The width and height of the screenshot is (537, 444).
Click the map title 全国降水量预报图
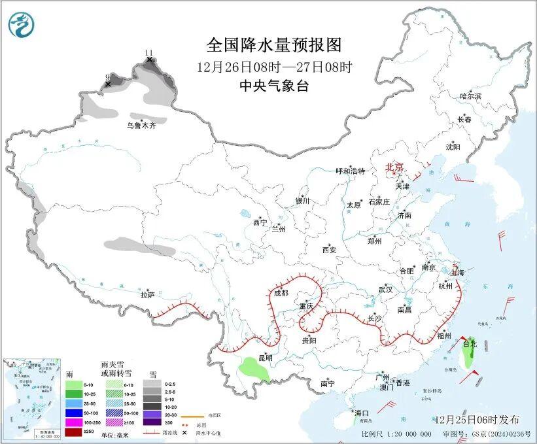274,44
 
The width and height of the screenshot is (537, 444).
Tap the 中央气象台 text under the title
274,86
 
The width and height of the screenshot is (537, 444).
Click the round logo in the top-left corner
20,24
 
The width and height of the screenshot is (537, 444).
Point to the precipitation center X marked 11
150,60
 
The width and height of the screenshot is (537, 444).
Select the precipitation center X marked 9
108,84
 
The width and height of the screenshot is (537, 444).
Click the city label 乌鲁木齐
141,125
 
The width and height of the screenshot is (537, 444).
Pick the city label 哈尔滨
470,96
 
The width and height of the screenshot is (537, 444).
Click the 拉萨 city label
147,295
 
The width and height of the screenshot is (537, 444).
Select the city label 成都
281,293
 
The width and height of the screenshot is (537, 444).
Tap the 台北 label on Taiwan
470,343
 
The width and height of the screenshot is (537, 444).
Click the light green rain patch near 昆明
254,370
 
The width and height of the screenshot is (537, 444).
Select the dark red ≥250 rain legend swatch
74,432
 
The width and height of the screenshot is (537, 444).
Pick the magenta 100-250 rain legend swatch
74,423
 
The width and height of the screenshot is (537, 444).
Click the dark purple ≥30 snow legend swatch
151,423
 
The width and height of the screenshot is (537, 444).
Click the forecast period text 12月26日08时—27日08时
274,66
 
